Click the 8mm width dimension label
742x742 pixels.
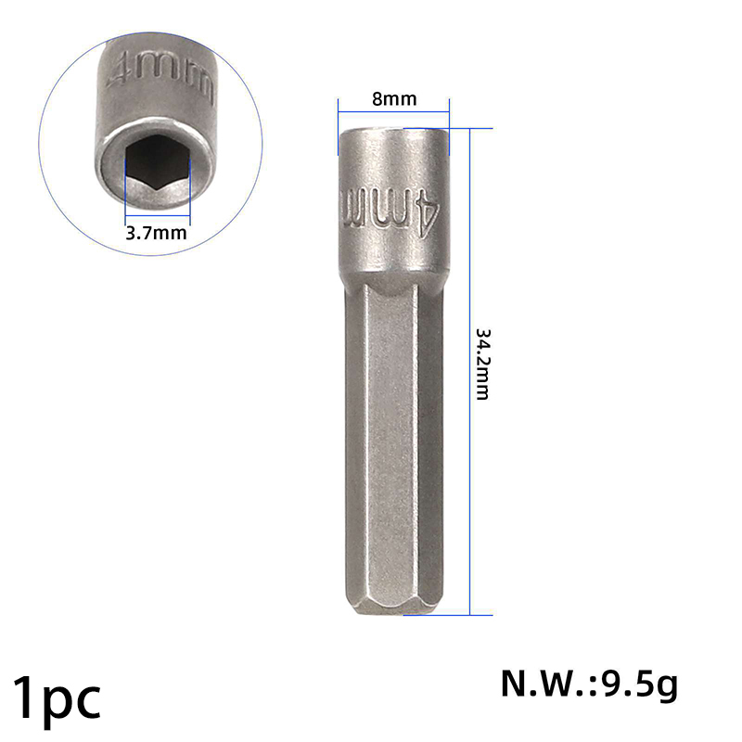394,99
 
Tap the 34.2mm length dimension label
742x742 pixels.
482,365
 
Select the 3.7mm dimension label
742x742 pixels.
156,233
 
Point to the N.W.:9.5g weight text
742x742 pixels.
590,684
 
